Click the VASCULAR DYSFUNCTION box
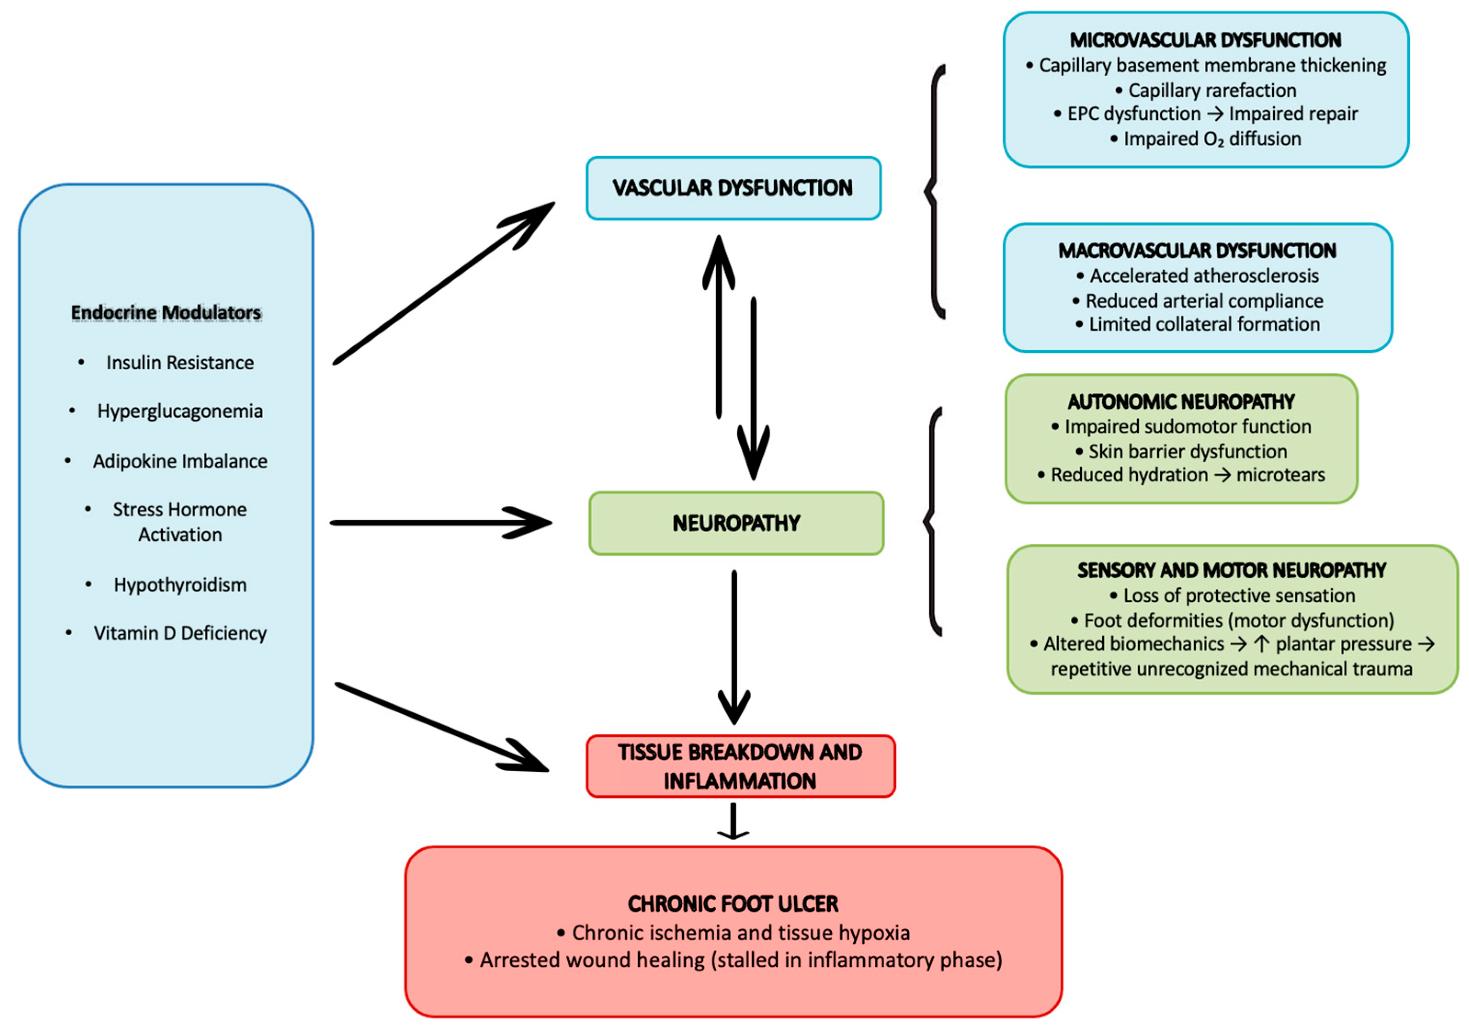(733, 188)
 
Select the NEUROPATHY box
(736, 524)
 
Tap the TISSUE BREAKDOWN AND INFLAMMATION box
(740, 767)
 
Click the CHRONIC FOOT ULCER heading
(733, 904)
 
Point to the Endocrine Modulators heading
(166, 312)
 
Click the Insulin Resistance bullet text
(180, 363)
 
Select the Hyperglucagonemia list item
(180, 411)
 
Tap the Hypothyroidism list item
(180, 585)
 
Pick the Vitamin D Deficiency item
(180, 633)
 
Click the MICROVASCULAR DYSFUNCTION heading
(1205, 40)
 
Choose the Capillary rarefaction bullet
(1211, 90)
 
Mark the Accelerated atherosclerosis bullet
(1203, 276)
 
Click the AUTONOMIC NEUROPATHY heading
(1181, 402)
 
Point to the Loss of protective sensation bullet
(1238, 596)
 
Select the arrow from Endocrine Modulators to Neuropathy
(441, 524)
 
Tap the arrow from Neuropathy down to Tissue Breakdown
(734, 646)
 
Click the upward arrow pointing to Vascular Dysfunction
(719, 326)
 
